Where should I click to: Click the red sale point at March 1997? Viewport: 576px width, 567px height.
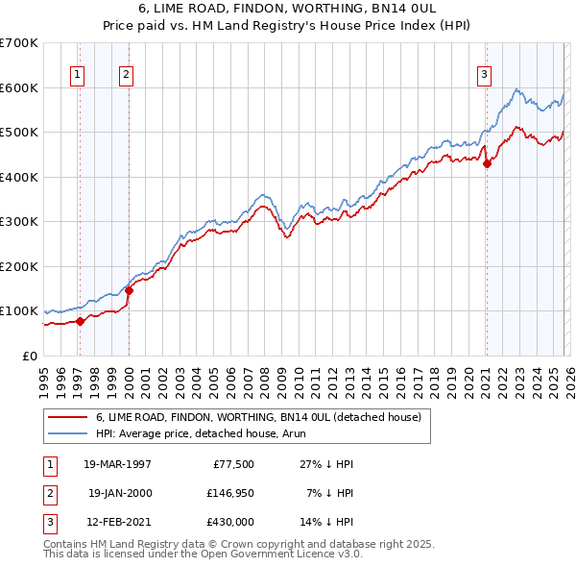(x=80, y=321)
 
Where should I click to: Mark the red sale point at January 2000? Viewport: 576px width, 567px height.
(x=129, y=290)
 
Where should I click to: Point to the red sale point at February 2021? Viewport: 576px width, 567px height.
(x=487, y=163)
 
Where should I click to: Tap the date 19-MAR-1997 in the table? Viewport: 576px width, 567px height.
(x=118, y=464)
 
